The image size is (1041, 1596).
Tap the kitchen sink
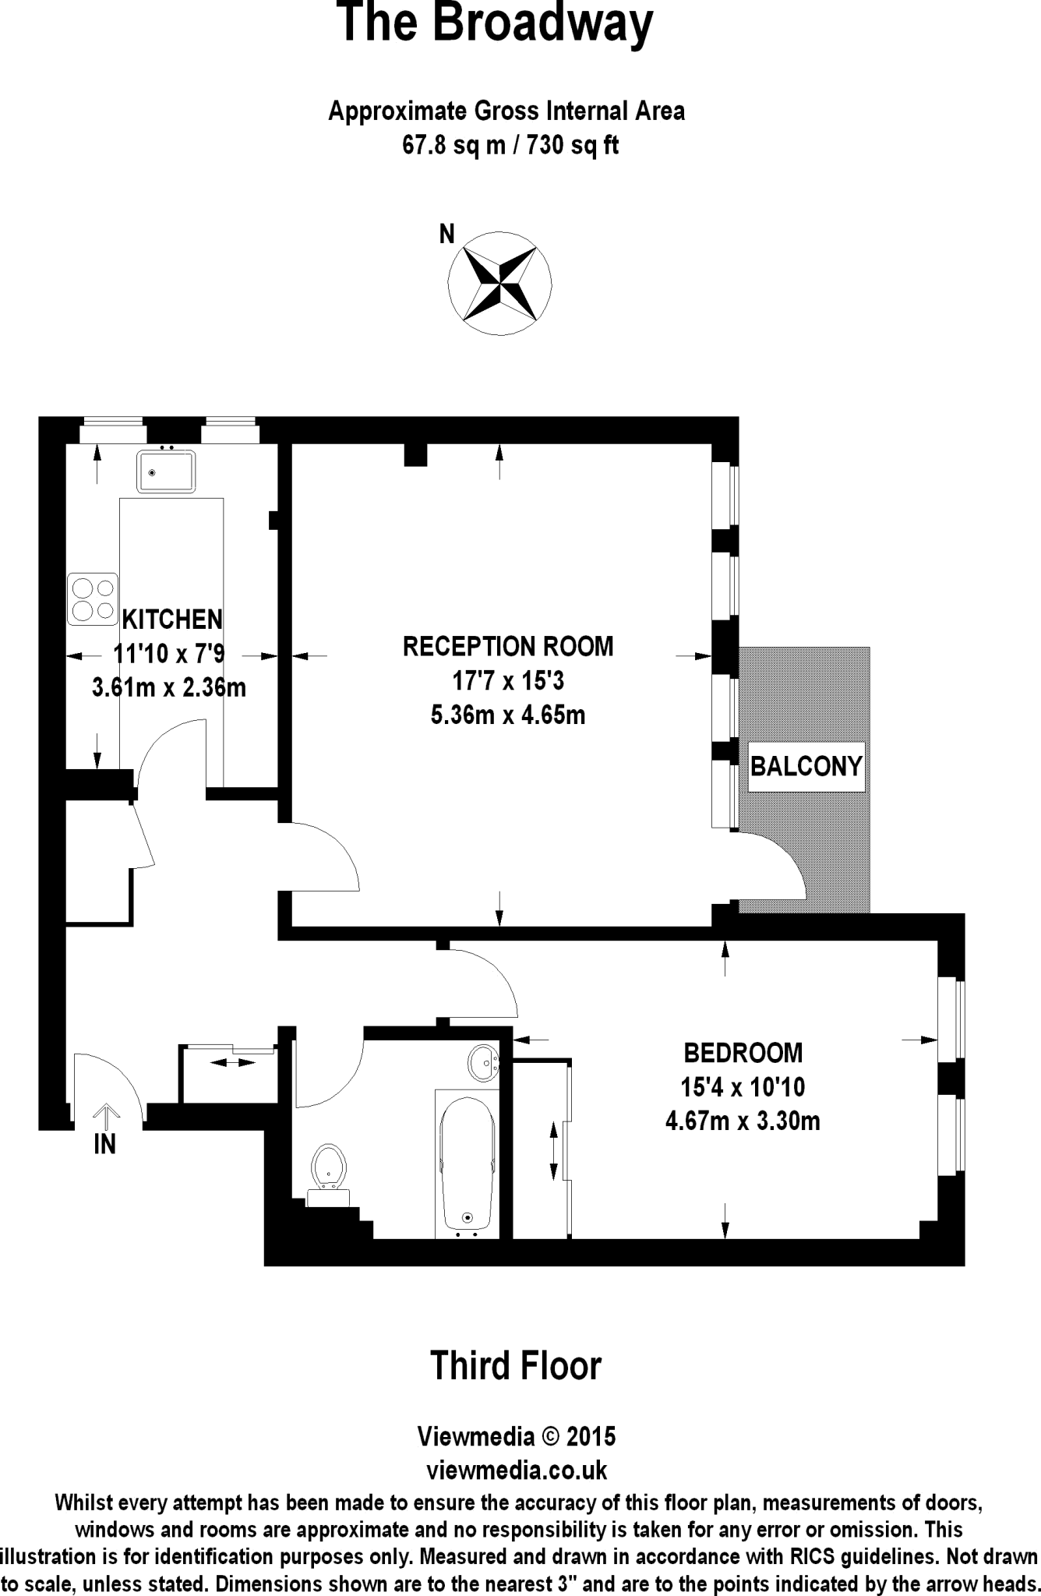tap(165, 471)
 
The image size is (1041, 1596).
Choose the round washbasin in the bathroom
tap(485, 1062)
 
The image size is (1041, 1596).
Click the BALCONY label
tap(806, 767)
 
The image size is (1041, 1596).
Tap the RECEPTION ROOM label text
tap(508, 646)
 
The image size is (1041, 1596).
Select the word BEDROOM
tap(743, 1053)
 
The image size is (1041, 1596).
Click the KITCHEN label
tap(173, 620)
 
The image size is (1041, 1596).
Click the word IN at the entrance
tap(105, 1144)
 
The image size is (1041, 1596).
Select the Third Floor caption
tap(516, 1365)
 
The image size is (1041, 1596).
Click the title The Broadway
tap(496, 23)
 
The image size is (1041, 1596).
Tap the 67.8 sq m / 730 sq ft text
tap(510, 146)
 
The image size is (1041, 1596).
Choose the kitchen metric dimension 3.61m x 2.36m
tap(169, 687)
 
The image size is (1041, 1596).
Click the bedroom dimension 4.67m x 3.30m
tap(743, 1121)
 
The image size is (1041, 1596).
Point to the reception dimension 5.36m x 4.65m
tap(508, 715)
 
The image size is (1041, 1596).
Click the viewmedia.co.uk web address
tap(517, 1470)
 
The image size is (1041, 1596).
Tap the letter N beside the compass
tap(446, 234)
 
